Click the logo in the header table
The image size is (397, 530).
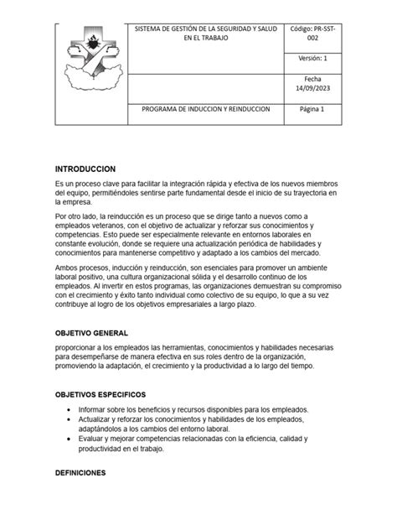pyautogui.click(x=89, y=62)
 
